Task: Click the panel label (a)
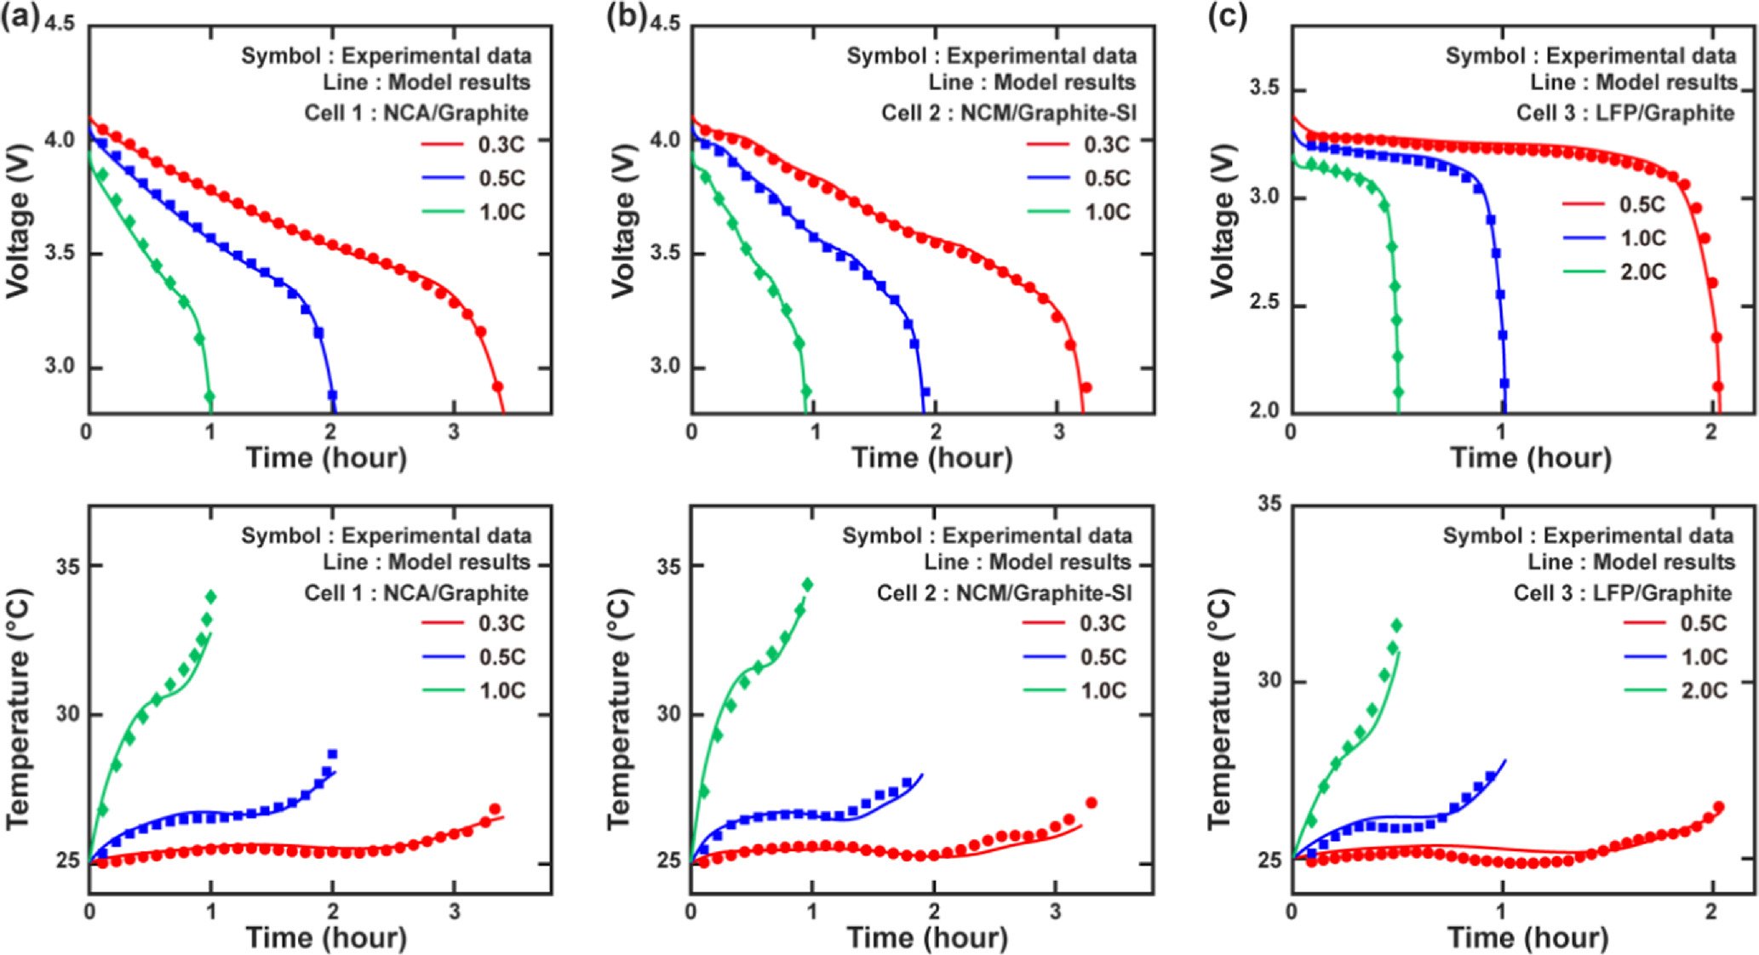[19, 18]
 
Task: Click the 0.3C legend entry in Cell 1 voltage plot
[500, 145]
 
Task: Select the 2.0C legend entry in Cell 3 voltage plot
[1642, 272]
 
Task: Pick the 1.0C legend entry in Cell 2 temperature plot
[1103, 690]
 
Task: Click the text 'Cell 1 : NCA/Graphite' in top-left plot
[415, 113]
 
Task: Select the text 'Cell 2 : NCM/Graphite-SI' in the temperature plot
[1004, 593]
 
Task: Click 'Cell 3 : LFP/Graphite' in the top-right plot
[1624, 113]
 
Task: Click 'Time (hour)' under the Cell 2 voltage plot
[931, 458]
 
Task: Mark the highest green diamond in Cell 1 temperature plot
[210, 597]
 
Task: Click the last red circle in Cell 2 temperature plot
[1091, 803]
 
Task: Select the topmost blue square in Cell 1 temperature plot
[332, 754]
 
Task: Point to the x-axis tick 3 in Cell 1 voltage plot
[453, 432]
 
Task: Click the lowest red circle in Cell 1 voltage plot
[498, 387]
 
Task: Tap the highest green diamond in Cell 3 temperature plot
[1395, 626]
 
